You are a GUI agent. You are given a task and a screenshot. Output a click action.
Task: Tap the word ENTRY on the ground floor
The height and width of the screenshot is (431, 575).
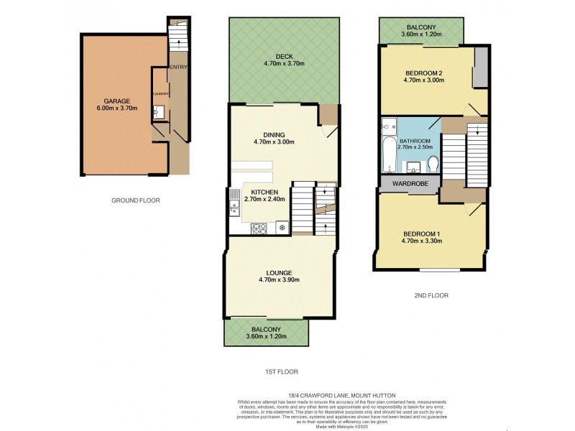(178, 68)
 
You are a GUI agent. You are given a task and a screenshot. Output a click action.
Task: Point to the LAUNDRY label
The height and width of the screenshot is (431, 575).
(160, 94)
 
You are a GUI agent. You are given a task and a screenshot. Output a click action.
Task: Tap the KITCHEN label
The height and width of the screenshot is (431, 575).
(264, 192)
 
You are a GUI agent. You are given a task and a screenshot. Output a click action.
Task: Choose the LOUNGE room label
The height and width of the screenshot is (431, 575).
(278, 272)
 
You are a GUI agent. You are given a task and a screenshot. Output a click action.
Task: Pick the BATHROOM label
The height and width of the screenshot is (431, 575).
(415, 141)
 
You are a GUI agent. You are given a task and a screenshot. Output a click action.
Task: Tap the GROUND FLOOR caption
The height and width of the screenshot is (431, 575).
(136, 200)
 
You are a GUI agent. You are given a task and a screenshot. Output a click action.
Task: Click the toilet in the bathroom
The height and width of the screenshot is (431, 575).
(433, 165)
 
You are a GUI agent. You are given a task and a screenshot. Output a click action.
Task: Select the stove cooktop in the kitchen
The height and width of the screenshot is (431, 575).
(259, 228)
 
